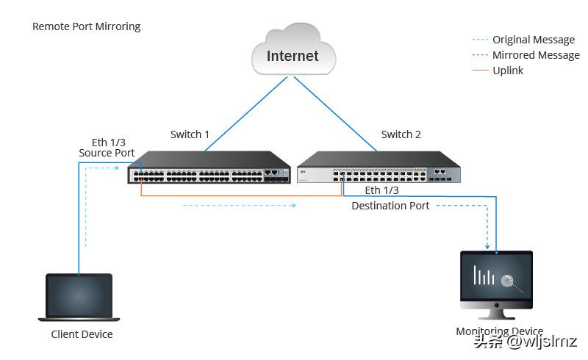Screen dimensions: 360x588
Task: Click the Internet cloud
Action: pos(293,52)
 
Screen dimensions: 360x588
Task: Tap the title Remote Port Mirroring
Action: pos(86,26)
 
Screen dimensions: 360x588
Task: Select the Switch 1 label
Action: pos(190,134)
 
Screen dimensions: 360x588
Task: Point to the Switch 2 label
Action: pos(401,134)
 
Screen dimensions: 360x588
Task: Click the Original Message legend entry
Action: pos(534,40)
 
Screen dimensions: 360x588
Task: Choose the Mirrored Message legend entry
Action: pos(536,55)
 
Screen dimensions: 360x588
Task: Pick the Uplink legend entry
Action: pos(508,71)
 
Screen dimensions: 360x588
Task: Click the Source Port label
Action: pos(107,153)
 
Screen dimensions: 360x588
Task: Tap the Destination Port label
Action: pos(390,206)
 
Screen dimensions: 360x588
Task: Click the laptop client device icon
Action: pos(79,296)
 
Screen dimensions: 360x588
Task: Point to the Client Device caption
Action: pos(82,334)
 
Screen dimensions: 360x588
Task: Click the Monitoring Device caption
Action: pos(499,331)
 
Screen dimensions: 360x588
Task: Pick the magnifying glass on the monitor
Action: pos(509,281)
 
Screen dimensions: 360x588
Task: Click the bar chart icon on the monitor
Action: pos(484,276)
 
